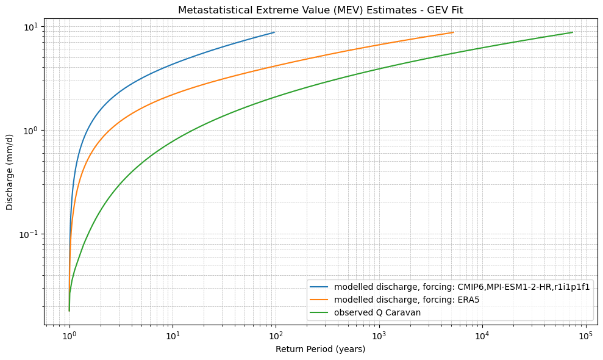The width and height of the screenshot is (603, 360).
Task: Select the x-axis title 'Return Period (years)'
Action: (320, 349)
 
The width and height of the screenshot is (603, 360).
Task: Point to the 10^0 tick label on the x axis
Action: (70, 337)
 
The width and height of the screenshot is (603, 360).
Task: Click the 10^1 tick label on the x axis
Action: (173, 337)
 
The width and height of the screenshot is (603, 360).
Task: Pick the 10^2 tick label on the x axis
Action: (276, 337)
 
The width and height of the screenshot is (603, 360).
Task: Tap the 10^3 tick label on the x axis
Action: (379, 337)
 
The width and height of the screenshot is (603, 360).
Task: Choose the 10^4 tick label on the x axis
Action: (482, 337)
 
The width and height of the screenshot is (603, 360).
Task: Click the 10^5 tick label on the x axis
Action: (585, 337)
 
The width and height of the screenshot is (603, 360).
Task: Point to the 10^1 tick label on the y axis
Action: (30, 27)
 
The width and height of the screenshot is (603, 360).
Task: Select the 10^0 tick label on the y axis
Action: (30, 131)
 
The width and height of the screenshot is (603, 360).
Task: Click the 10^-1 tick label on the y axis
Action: (29, 234)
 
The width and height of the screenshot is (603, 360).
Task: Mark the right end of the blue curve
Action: (274, 32)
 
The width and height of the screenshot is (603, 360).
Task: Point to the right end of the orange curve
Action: (453, 32)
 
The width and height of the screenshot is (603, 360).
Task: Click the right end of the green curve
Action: (572, 32)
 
